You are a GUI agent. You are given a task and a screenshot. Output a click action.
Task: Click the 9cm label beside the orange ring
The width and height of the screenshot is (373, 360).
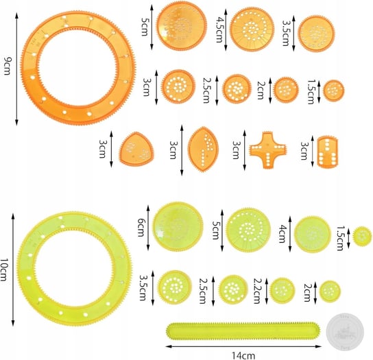coord(7,67)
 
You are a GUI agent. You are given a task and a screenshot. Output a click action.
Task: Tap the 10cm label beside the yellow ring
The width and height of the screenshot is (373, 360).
coord(4,269)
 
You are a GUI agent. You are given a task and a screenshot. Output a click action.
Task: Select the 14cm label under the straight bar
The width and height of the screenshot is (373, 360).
coord(243,356)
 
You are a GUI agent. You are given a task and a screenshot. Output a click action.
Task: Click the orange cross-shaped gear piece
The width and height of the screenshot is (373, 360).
coord(267,150)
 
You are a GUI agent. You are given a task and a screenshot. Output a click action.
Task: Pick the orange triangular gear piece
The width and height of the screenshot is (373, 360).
coord(136,149)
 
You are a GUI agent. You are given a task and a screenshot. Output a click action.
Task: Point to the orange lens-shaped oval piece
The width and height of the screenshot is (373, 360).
coord(203,149)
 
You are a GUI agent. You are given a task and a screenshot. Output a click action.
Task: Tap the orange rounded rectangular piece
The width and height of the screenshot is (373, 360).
coord(327,152)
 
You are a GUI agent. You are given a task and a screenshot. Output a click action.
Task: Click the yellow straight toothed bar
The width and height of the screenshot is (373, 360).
coord(243,333)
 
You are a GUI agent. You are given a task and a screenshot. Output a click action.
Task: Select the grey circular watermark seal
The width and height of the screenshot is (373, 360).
coord(345,332)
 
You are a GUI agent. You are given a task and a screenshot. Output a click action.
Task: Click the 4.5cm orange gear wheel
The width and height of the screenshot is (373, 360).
coord(252,29)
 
